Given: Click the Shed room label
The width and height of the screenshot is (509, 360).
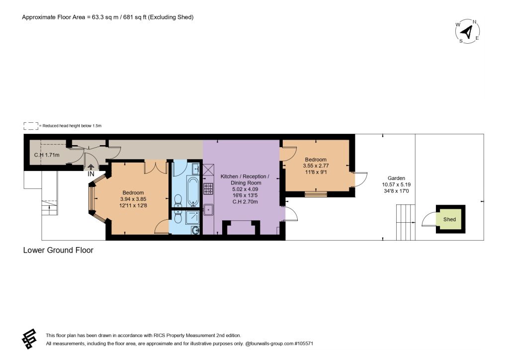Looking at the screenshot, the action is (x=449, y=219).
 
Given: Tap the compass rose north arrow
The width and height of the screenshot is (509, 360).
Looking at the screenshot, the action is (x=467, y=32).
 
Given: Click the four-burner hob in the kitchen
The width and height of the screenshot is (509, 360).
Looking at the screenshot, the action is (x=208, y=188).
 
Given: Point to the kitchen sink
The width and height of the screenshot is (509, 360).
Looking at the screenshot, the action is (x=208, y=210).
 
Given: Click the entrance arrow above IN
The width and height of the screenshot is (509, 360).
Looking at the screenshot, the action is (x=91, y=167).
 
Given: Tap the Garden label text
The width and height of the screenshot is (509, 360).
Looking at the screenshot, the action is (x=396, y=178).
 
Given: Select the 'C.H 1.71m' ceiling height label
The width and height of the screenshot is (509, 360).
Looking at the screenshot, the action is (x=47, y=155).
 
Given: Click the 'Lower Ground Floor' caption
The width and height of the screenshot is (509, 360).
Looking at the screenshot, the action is (x=58, y=250).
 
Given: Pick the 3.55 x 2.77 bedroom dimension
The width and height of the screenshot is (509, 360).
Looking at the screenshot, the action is (x=316, y=166).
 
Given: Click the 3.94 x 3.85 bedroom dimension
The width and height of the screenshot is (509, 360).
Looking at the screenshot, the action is (x=133, y=199).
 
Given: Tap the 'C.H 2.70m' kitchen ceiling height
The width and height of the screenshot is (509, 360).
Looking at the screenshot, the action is (x=245, y=201).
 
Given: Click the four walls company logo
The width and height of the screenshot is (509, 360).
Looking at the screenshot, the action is (x=29, y=339).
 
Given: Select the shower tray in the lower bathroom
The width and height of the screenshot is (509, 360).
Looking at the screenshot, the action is (x=192, y=217).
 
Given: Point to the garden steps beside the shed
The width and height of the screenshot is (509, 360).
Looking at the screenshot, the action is (x=406, y=222).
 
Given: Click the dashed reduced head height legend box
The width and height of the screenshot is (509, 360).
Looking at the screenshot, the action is (x=31, y=126).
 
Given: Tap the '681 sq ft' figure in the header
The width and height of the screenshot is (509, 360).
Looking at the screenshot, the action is (x=133, y=17).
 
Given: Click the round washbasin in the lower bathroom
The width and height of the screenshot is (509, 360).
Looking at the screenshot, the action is (x=195, y=230).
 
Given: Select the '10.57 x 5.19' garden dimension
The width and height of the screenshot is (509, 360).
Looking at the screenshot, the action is (x=396, y=184).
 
